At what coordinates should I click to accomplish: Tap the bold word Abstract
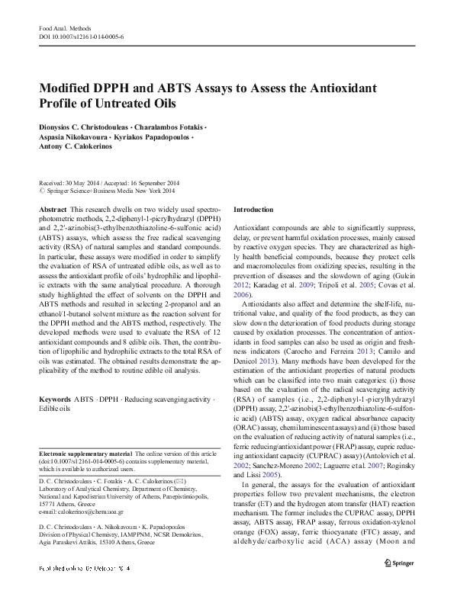[51, 209]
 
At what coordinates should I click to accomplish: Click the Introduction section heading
[253, 209]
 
